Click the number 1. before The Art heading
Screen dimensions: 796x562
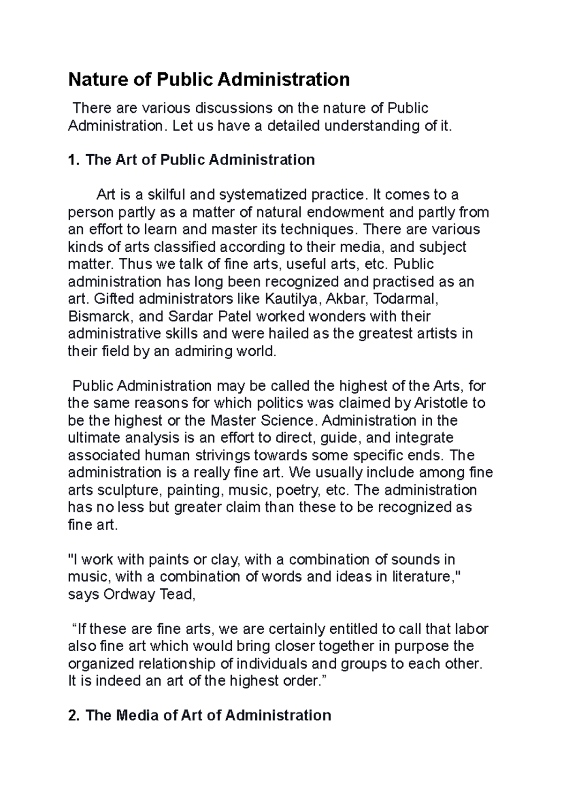[x=74, y=160]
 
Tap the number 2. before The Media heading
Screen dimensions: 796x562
[x=74, y=715]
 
